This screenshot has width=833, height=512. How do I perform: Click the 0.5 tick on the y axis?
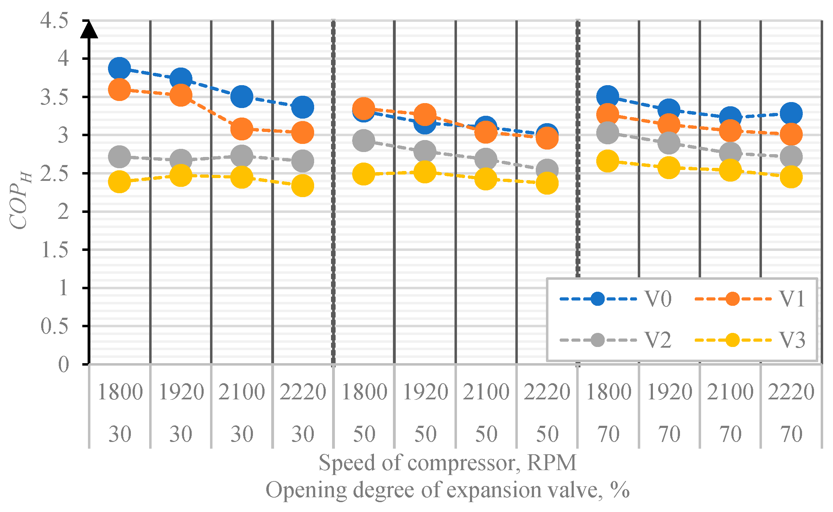pyautogui.click(x=55, y=326)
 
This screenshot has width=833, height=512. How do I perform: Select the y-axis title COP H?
pyautogui.click(x=20, y=201)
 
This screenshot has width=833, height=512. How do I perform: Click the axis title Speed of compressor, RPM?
pyautogui.click(x=447, y=463)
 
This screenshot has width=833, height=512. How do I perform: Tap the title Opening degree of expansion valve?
pyautogui.click(x=447, y=490)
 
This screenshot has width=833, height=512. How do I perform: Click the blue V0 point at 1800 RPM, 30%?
pyautogui.click(x=120, y=68)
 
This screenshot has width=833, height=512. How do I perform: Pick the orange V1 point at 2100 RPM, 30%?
pyautogui.click(x=242, y=129)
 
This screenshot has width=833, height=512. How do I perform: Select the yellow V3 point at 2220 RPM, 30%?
pyautogui.click(x=303, y=185)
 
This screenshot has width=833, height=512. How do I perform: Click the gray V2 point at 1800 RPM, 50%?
pyautogui.click(x=363, y=140)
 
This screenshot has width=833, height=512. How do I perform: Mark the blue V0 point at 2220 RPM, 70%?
pyautogui.click(x=791, y=113)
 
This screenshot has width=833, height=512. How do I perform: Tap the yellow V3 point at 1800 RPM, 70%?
pyautogui.click(x=608, y=161)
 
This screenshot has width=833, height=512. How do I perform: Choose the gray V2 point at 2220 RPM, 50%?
pyautogui.click(x=547, y=170)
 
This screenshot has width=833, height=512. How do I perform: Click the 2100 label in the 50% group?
pyautogui.click(x=486, y=392)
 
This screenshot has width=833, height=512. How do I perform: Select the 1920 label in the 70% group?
pyautogui.click(x=669, y=392)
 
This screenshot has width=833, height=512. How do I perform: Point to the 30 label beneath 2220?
pyautogui.click(x=303, y=434)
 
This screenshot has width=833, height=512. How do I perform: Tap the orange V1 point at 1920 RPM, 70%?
pyautogui.click(x=669, y=125)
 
